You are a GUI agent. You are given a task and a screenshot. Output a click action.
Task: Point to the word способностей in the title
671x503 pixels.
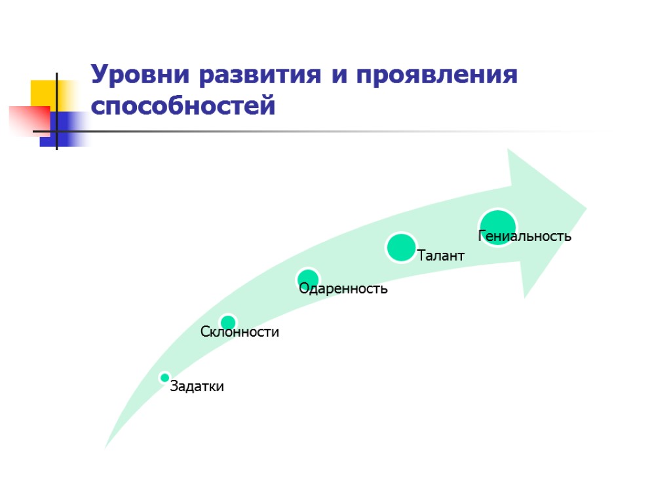coord(183,105)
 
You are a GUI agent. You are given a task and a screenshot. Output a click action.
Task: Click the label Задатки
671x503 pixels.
coord(197,386)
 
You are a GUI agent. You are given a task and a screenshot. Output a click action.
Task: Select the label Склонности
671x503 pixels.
coord(240,332)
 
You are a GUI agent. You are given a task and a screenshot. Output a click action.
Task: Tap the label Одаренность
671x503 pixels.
coord(343,288)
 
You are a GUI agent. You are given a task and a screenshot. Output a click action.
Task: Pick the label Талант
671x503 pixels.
coord(440,255)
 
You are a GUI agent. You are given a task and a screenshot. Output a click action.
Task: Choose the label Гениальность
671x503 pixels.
coord(525,236)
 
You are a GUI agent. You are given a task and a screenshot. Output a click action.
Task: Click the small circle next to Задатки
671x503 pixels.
coord(164,377)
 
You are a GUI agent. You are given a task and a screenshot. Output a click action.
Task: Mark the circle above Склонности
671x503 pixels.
coord(228,322)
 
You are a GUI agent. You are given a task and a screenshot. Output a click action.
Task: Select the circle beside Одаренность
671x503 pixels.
coord(307,279)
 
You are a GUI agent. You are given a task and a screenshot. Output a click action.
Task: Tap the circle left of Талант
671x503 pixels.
coord(401,248)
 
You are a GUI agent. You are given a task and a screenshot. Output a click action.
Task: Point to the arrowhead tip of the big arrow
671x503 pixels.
coord(585,209)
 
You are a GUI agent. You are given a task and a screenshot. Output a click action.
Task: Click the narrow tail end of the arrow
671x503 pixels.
coord(107,445)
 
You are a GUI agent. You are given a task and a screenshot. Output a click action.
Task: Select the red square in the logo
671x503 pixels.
coord(28,120)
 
